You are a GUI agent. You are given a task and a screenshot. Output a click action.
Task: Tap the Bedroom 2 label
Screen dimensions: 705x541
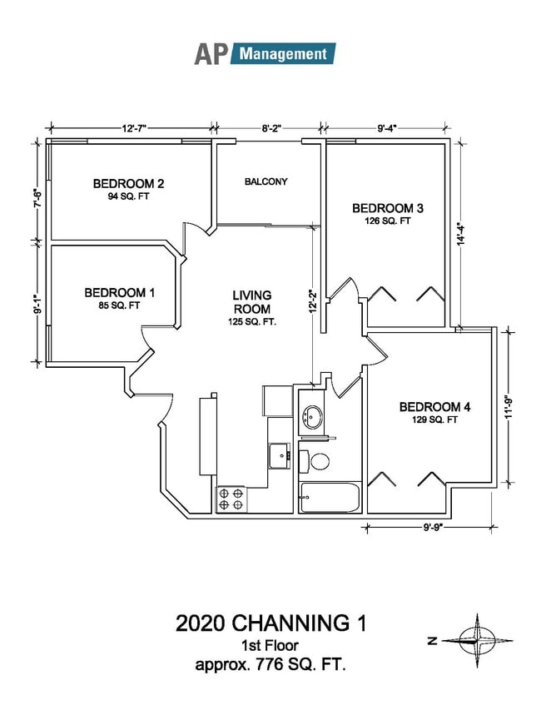[x=127, y=189]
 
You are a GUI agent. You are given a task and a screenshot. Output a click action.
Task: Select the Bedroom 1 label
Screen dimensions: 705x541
[x=119, y=298]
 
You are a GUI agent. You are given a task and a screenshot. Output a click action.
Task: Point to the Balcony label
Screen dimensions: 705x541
[x=266, y=181]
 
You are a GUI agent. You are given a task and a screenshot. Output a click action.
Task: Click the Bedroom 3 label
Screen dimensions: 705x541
[x=388, y=214]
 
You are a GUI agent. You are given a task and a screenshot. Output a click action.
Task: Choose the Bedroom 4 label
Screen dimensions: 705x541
[x=435, y=413]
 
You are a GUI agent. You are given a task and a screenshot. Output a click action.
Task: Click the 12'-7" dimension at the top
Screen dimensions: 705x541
[x=133, y=128]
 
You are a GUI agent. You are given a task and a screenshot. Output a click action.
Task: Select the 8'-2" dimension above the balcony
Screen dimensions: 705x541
[x=271, y=128]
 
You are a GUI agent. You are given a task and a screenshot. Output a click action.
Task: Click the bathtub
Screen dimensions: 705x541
[x=329, y=499]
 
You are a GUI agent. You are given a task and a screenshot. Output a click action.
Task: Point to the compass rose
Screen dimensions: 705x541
[x=476, y=640]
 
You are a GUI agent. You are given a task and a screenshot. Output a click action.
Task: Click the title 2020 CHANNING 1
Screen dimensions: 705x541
[x=270, y=623]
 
